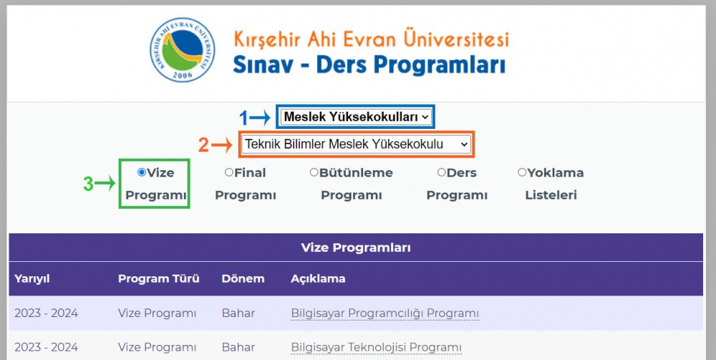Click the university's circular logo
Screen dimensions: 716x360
pos(183,49)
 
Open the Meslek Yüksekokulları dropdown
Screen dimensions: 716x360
pos(356,117)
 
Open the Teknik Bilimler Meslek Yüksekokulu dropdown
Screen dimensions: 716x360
pos(356,144)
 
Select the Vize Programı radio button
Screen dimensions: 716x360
pos(142,172)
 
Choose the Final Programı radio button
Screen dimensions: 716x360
pos(229,172)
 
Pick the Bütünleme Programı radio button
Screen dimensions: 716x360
pos(314,172)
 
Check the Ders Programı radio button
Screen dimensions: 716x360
pos(441,172)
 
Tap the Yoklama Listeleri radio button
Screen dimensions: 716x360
pos(522,172)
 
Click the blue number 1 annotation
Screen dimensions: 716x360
pos(244,118)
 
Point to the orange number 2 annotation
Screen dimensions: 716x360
pos(203,145)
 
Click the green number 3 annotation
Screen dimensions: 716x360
pos(87,185)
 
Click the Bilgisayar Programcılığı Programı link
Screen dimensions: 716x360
pos(385,313)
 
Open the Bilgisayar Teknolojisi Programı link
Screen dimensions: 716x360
pos(377,347)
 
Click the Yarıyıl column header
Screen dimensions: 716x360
pos(32,279)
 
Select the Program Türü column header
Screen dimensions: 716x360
pos(158,278)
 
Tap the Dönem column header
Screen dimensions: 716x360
pos(243,278)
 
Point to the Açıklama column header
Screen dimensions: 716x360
pos(318,279)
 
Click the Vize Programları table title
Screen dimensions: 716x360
pos(356,248)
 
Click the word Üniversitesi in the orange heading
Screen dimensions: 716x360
pos(456,39)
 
